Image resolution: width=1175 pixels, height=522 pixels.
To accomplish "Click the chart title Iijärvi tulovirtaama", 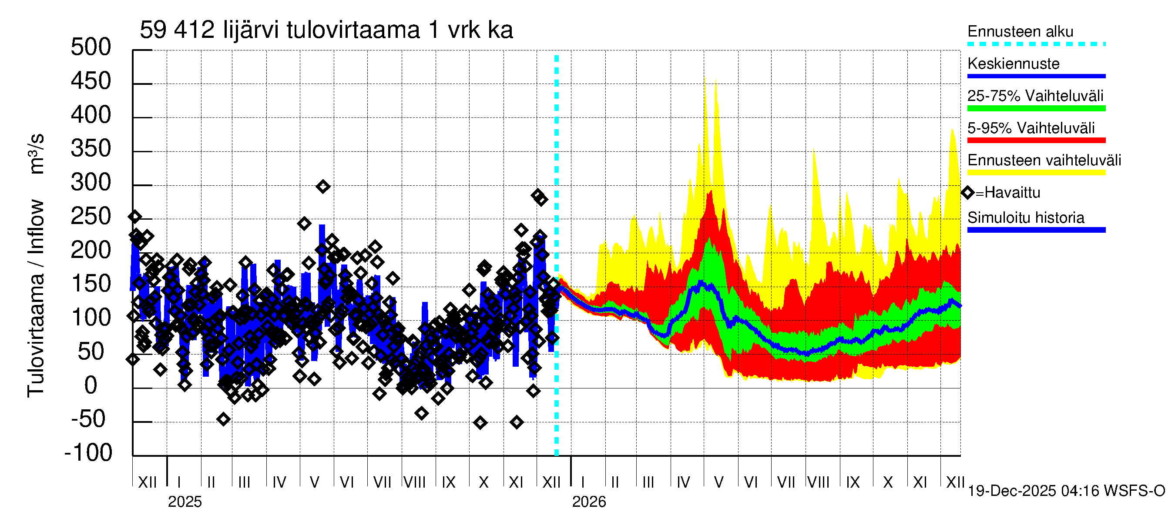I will [326, 30].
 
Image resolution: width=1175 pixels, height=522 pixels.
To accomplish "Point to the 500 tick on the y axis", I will [91, 47].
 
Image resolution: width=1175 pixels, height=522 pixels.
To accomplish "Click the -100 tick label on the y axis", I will [88, 453].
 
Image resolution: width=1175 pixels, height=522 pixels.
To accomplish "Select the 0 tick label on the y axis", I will [91, 386].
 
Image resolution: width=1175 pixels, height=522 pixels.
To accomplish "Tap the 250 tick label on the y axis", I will [91, 217].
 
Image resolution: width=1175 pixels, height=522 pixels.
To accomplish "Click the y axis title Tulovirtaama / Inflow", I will [36, 298].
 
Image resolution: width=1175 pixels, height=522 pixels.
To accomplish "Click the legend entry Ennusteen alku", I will [1020, 31].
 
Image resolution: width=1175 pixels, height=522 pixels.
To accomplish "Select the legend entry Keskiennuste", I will [1013, 64].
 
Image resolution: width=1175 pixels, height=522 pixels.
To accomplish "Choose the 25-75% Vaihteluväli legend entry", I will [1035, 96].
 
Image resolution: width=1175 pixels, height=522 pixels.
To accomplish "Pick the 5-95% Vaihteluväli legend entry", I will [1031, 128].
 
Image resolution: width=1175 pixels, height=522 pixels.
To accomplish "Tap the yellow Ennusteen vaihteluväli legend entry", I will [1044, 161].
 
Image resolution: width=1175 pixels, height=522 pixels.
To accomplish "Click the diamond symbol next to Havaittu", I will [967, 193].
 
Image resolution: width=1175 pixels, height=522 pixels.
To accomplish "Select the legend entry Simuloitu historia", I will [1025, 218].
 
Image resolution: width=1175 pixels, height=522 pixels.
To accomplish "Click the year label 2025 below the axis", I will [185, 502].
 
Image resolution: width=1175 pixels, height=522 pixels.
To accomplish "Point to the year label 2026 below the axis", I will [589, 502].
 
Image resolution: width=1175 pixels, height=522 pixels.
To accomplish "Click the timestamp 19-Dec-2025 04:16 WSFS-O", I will [1066, 491].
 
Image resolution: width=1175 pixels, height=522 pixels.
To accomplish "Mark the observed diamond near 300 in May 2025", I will [323, 187].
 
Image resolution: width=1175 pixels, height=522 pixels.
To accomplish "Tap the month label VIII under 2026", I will [819, 482].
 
